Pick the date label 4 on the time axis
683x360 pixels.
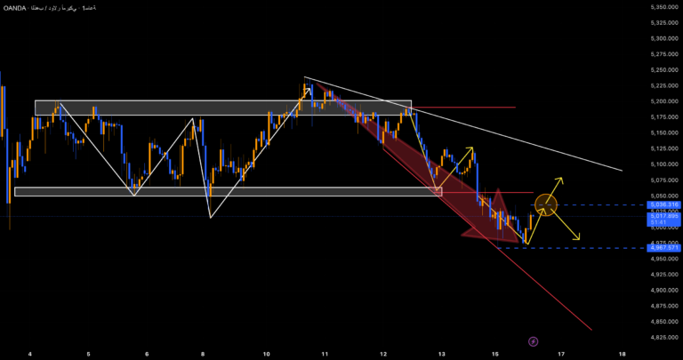click(x=30, y=353)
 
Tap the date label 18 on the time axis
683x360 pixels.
click(x=622, y=353)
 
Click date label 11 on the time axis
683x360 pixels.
click(x=325, y=353)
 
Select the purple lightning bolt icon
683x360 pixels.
click(x=533, y=340)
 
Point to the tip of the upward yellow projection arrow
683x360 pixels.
click(x=562, y=179)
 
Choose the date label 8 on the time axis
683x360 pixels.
click(x=204, y=353)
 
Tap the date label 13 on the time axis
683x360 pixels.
click(x=442, y=353)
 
